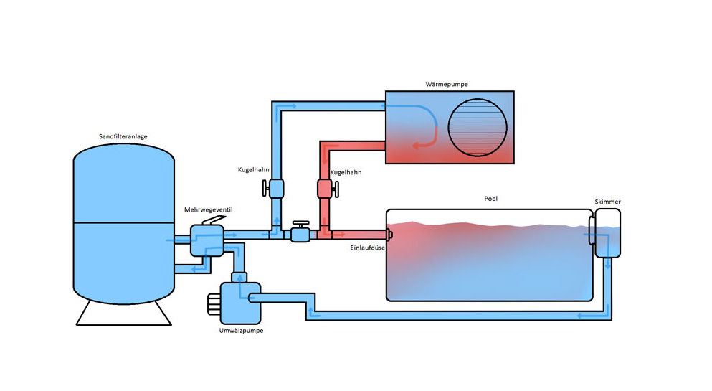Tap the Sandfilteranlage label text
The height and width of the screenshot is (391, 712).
(124, 136)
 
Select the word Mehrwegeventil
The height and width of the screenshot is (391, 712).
(208, 209)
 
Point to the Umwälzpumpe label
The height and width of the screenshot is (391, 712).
(240, 331)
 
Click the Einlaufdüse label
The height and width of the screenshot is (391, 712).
(369, 248)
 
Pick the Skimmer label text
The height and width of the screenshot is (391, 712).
(607, 202)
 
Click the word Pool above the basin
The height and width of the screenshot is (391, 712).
(490, 199)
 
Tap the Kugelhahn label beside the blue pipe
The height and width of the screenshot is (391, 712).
(253, 170)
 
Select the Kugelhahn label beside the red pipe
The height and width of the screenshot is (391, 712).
(346, 173)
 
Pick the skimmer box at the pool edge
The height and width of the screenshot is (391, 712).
(607, 233)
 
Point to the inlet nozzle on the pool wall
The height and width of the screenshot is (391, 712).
(389, 234)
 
